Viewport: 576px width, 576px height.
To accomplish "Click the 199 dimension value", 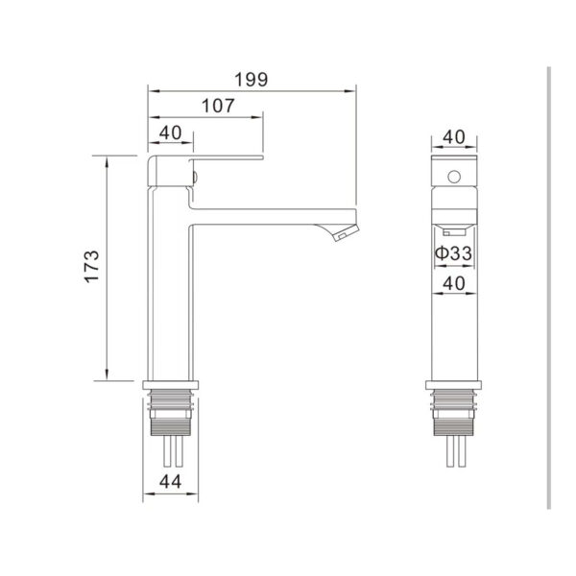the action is (252, 80).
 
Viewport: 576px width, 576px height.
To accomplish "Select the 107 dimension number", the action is (218, 107).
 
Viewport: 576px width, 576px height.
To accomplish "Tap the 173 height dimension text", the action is (92, 266).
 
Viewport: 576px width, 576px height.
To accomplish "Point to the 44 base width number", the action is (170, 482).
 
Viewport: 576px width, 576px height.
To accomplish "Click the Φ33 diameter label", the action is (454, 253).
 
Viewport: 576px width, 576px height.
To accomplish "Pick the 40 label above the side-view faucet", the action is (454, 137).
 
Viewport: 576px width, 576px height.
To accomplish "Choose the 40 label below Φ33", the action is (454, 283).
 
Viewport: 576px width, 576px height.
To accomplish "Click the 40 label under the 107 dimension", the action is (171, 133).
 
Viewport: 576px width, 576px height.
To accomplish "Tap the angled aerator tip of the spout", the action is (347, 233).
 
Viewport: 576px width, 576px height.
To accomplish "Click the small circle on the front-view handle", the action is (454, 177).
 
